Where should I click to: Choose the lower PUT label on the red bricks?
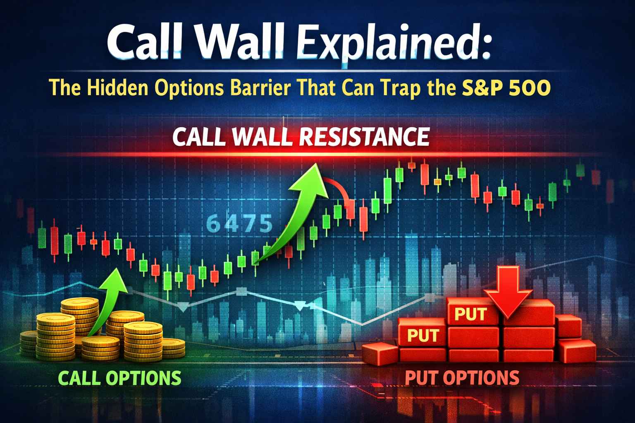click(x=423, y=335)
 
